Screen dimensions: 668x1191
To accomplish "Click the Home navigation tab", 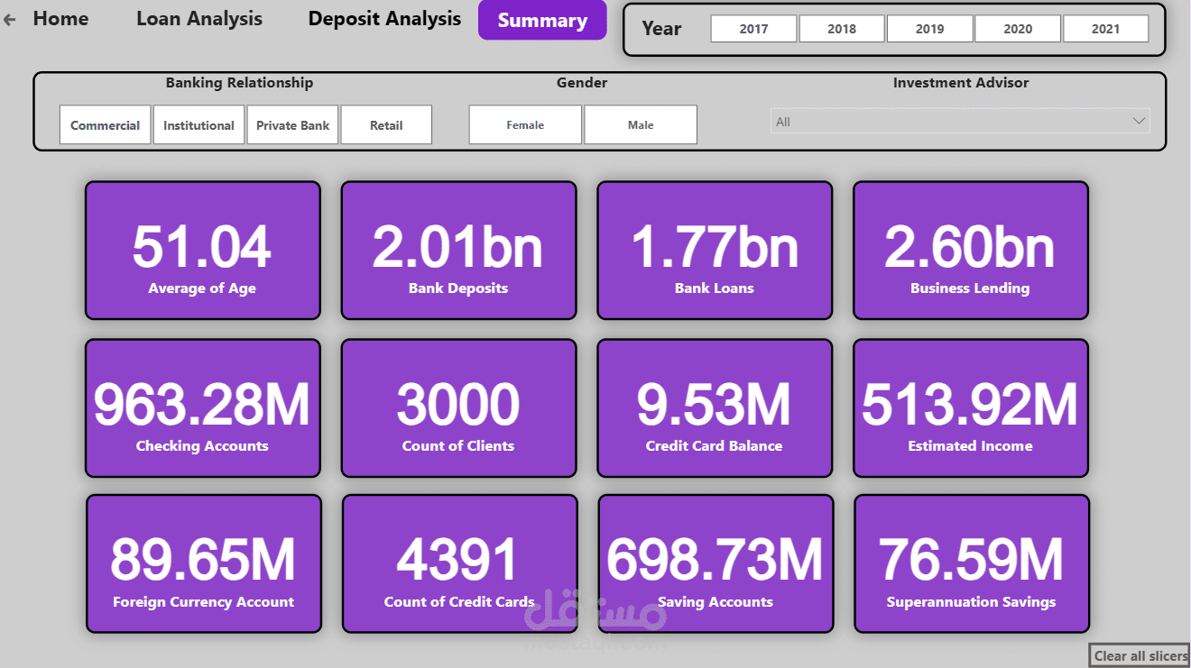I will coord(60,19).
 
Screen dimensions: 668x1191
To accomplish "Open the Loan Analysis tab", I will coord(199,19).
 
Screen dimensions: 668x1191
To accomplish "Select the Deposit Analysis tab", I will coord(384,19).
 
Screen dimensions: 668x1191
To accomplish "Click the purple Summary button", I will coord(542,21).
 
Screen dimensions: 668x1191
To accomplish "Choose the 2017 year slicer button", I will coord(753,29).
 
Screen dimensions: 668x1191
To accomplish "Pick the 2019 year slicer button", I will coord(929,29).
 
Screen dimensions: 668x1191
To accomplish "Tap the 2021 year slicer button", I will coord(1105,29).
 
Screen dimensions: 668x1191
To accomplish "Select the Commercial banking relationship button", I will coord(105,125).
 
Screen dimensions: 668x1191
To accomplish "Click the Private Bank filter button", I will coord(292,125).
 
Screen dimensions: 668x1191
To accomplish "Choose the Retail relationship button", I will coord(386,125).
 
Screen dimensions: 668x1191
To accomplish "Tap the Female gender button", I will coord(525,125).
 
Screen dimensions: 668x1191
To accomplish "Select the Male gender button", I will coord(641,125).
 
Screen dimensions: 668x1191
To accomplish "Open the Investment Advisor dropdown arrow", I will coord(1139,121).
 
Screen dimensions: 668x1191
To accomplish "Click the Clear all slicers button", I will coord(1140,656).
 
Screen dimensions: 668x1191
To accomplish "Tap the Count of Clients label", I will coord(458,446).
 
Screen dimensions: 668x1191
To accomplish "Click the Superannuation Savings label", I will coord(971,602).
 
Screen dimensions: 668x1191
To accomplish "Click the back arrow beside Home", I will coord(10,19).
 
